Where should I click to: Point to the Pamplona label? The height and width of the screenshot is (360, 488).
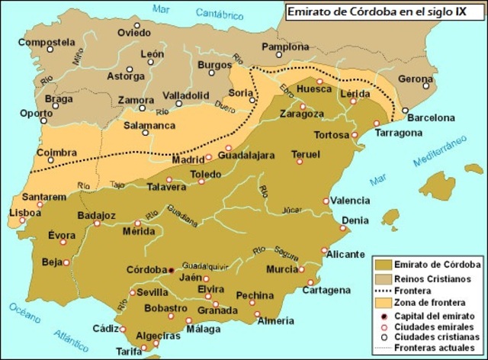pyautogui.click(x=285, y=47)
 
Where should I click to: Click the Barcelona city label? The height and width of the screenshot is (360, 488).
pyautogui.click(x=430, y=117)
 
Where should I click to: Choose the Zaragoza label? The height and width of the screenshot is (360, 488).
pyautogui.click(x=303, y=114)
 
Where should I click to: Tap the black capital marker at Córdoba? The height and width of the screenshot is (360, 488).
pyautogui.click(x=172, y=270)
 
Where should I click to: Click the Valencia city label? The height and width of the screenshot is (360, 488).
pyautogui.click(x=350, y=201)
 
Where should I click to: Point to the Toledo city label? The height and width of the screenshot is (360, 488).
pyautogui.click(x=206, y=174)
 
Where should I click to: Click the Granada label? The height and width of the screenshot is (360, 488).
pyautogui.click(x=217, y=311)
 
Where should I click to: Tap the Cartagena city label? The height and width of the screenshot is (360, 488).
pyautogui.click(x=326, y=290)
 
